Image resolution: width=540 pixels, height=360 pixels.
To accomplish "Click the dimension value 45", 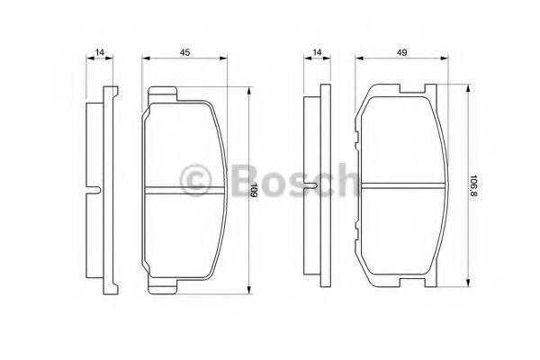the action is pyautogui.click(x=184, y=52).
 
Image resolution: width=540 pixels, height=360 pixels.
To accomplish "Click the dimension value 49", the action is pyautogui.click(x=401, y=52).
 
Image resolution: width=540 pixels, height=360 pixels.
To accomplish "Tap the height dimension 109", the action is pyautogui.click(x=254, y=191).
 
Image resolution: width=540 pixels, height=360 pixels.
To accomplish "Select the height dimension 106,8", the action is pyautogui.click(x=473, y=185).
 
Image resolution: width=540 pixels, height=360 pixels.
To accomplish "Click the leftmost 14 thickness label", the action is pyautogui.click(x=100, y=52).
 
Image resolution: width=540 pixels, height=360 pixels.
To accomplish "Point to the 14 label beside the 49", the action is pyautogui.click(x=317, y=52).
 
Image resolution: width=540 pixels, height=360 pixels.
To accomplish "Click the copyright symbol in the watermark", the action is pyautogui.click(x=195, y=180).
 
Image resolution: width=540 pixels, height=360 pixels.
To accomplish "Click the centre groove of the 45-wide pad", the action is pyautogui.click(x=184, y=191).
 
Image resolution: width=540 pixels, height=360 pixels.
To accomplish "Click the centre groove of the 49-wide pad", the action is pyautogui.click(x=402, y=185).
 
